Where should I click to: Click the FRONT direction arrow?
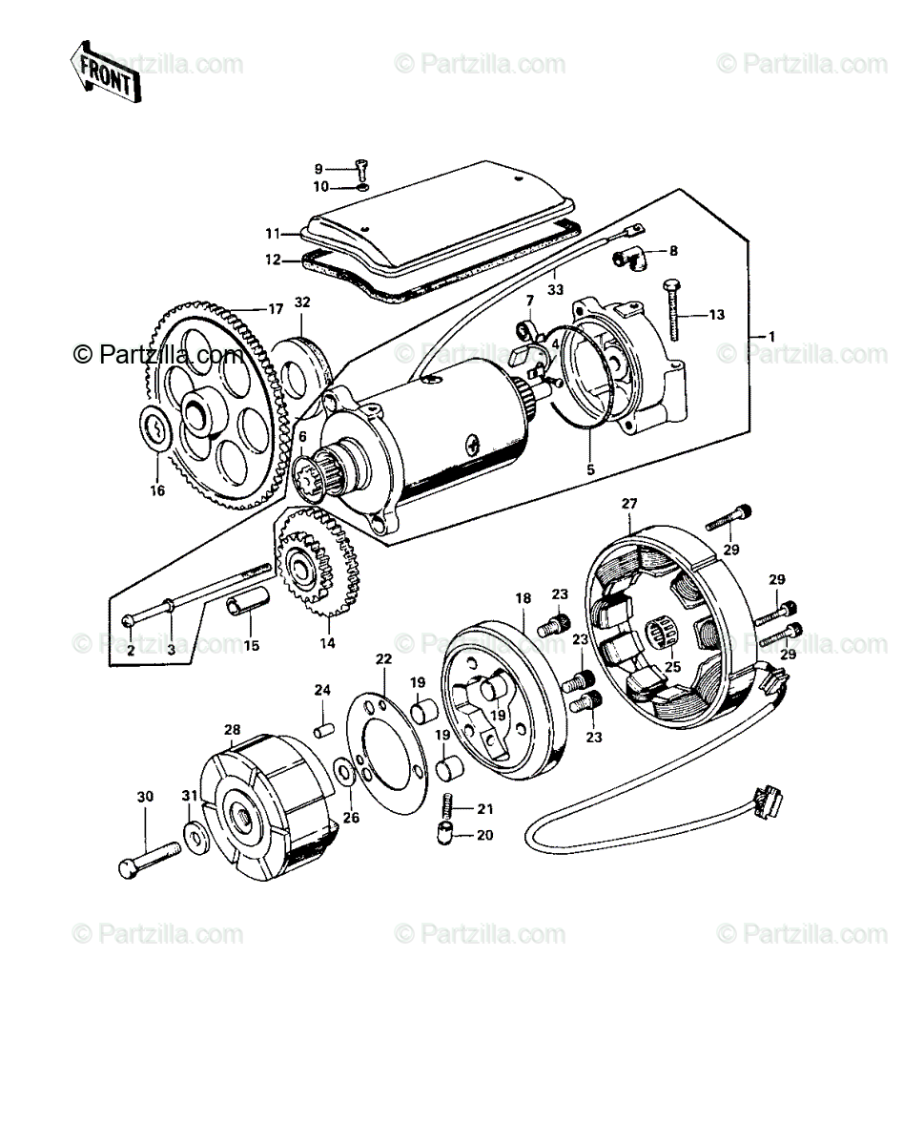click(106, 72)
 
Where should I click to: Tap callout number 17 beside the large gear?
click(276, 309)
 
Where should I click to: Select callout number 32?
click(302, 302)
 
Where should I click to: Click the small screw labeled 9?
click(363, 171)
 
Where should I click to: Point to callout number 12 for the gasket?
click(273, 261)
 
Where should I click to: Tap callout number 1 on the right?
click(771, 336)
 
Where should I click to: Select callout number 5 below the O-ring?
click(590, 470)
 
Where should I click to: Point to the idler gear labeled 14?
click(318, 562)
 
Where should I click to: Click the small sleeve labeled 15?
click(248, 606)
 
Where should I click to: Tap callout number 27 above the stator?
click(629, 504)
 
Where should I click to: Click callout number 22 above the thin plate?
click(383, 658)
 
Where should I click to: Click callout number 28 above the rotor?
click(233, 729)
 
